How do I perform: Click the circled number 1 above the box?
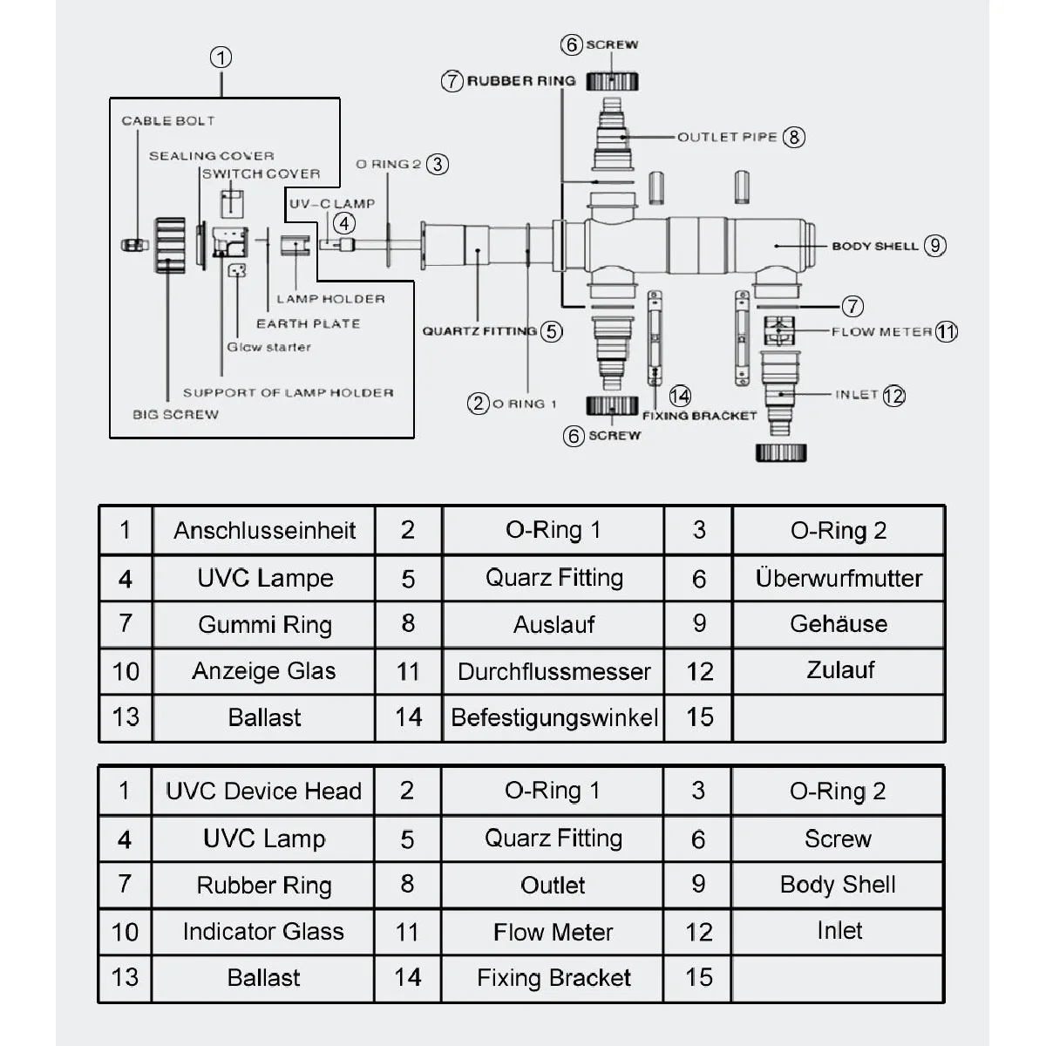[221, 58]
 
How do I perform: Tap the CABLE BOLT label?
[168, 121]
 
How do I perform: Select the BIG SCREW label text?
[176, 415]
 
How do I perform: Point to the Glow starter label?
[269, 348]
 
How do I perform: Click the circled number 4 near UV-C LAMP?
[344, 223]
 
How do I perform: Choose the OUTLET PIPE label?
[727, 138]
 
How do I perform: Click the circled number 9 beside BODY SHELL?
[935, 246]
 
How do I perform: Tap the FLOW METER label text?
[881, 331]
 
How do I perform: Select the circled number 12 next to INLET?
[894, 396]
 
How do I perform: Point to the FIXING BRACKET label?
[700, 417]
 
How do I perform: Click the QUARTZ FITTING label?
[479, 331]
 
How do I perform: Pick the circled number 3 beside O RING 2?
[438, 165]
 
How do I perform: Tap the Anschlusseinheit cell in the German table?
[264, 530]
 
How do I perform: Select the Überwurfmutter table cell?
[839, 578]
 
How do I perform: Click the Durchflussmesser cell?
[554, 671]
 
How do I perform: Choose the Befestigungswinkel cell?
[554, 717]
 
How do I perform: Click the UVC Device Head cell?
[263, 791]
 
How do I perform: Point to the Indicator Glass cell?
[263, 932]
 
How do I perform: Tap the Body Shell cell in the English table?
[838, 885]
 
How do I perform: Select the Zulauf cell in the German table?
[839, 671]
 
